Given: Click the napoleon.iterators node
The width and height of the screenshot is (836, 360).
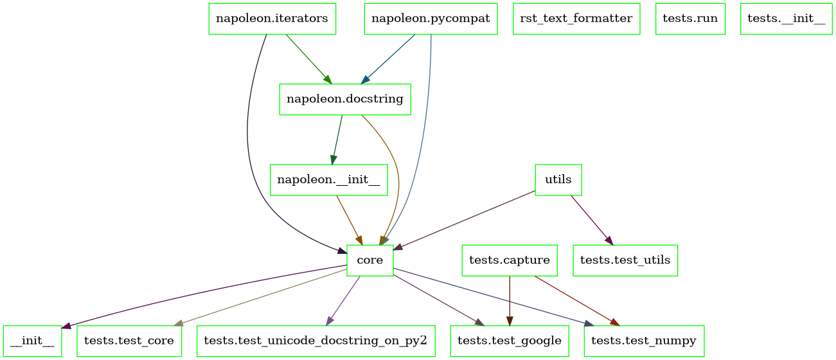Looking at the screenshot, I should (272, 19).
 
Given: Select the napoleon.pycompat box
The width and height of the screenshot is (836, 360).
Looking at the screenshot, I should (431, 19).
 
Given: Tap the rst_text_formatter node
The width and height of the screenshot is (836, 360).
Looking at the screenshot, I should (576, 19).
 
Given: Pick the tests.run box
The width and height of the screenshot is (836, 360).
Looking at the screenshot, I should (690, 19).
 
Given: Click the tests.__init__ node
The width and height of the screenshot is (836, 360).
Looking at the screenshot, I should (786, 19).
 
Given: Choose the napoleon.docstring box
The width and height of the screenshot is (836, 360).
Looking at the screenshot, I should (344, 99).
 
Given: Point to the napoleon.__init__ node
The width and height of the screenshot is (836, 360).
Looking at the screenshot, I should (328, 180).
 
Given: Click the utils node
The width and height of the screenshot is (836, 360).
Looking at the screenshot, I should (558, 180).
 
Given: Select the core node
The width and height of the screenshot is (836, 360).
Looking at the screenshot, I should (369, 260).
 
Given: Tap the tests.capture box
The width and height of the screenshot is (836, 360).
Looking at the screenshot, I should (510, 260).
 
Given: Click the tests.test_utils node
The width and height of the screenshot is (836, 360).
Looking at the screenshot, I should (625, 260).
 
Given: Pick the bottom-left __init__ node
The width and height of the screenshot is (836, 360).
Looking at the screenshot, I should (32, 341).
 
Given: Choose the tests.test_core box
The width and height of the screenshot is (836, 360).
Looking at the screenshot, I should (129, 341).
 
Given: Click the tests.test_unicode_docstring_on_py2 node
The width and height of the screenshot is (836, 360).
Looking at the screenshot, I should (315, 341).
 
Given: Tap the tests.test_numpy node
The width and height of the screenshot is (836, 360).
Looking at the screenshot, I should (643, 341).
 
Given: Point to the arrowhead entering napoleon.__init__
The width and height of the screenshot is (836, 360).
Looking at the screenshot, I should (333, 160).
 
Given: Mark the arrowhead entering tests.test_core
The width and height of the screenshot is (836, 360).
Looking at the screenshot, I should (178, 323).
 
